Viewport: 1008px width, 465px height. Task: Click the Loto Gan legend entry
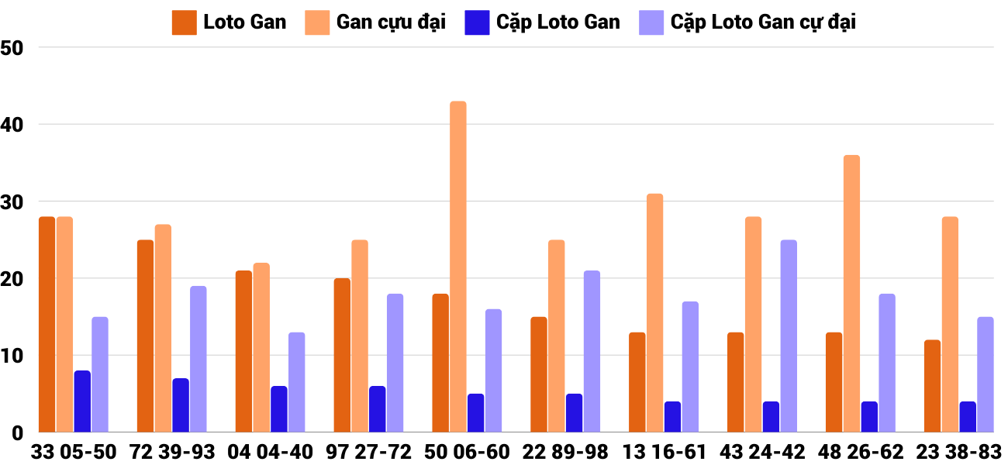(x=230, y=22)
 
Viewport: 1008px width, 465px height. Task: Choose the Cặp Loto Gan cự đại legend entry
(x=747, y=22)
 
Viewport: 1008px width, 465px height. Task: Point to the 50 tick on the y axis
(x=13, y=48)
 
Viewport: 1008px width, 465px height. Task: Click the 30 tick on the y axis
(x=13, y=201)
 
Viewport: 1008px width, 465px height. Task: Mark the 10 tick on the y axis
(x=13, y=356)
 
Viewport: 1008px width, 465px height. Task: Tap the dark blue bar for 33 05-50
(x=82, y=401)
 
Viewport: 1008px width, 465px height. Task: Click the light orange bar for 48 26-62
(x=851, y=294)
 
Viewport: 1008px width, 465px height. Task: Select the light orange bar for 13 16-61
(x=655, y=313)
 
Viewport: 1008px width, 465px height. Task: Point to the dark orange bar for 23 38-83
(x=932, y=386)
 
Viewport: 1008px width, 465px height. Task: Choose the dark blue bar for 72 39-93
(x=181, y=405)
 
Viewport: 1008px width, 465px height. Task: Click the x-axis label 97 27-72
(x=369, y=452)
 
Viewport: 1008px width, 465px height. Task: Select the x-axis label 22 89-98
(x=566, y=452)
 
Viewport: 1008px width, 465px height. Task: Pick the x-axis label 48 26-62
(x=861, y=452)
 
